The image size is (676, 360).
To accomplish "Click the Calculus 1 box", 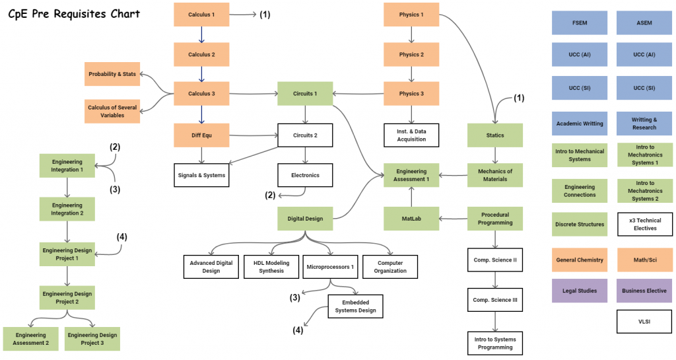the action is [201, 15].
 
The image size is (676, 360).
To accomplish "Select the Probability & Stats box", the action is [112, 74].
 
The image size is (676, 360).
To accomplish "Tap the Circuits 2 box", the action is [305, 135].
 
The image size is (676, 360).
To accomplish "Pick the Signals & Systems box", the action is [201, 175].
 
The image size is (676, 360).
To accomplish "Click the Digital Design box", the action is [305, 219].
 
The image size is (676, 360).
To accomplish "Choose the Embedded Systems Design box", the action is [356, 306].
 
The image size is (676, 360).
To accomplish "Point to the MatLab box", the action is [411, 219].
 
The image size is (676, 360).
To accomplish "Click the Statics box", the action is [495, 135].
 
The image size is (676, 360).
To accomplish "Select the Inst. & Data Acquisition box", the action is [411, 135].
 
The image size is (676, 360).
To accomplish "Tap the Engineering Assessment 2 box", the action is [30, 339].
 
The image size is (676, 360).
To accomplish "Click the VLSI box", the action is [644, 322].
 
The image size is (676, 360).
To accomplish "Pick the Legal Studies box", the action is [580, 291].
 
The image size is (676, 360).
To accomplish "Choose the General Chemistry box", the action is [580, 260].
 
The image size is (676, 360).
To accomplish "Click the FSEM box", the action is [580, 23].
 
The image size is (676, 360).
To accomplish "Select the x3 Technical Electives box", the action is [645, 224].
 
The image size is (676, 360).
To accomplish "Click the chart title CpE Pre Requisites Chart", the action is [74, 15].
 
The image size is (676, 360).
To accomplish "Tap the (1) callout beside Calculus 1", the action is [265, 15].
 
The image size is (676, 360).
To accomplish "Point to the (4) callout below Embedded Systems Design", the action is [298, 330].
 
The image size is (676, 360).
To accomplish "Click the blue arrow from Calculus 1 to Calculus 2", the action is [201, 34].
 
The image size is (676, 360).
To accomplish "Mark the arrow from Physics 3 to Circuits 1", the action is [358, 94].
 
